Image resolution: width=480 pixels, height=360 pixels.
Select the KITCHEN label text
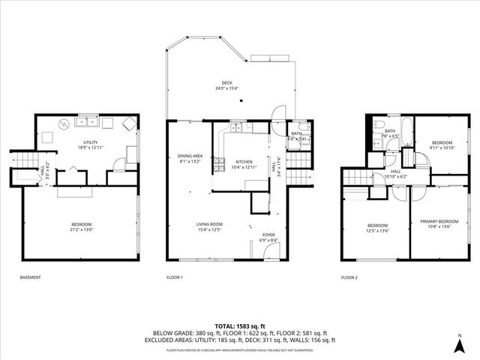[x=244, y=163]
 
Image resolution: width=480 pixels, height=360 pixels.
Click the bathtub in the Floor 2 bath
[x=402, y=125]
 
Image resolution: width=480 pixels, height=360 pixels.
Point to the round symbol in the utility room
[x=65, y=123]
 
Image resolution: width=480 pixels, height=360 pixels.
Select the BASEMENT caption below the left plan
[x=30, y=277]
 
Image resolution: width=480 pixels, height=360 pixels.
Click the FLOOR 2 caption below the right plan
[x=349, y=277]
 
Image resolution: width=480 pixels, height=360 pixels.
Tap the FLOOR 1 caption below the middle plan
[x=175, y=277]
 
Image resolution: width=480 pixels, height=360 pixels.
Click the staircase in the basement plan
[x=22, y=161]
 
